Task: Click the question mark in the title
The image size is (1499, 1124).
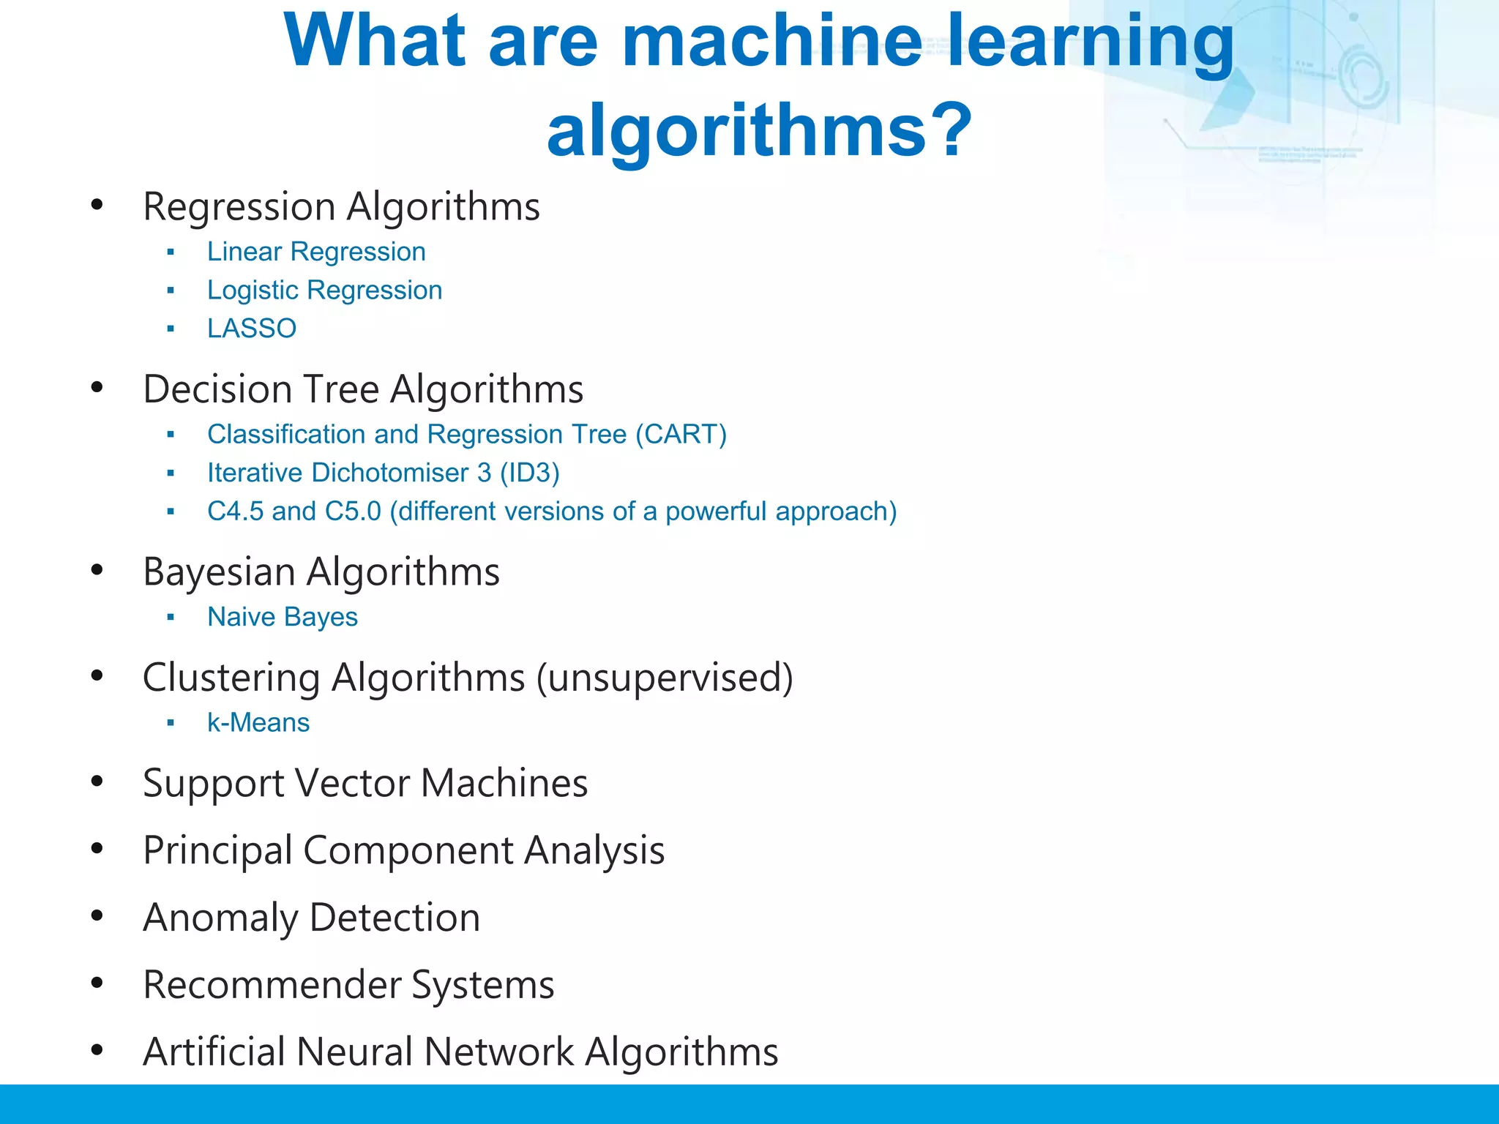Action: (x=949, y=130)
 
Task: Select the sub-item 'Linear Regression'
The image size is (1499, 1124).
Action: (x=316, y=252)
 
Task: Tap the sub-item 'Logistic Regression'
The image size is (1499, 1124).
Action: (x=324, y=291)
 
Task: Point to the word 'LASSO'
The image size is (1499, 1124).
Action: (x=252, y=329)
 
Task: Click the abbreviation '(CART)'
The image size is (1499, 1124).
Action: (x=681, y=435)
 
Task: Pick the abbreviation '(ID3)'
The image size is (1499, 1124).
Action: (x=529, y=473)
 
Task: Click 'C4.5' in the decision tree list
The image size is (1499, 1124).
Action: (x=236, y=512)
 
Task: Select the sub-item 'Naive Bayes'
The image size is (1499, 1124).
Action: (x=283, y=617)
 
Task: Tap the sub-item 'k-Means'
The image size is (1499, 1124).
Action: (x=258, y=723)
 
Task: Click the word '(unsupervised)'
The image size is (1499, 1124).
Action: (x=665, y=678)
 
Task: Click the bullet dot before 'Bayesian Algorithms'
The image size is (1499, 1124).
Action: (x=97, y=570)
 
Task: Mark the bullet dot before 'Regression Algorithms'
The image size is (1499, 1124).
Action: (x=97, y=205)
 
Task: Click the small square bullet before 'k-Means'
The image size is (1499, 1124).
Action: (x=171, y=723)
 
